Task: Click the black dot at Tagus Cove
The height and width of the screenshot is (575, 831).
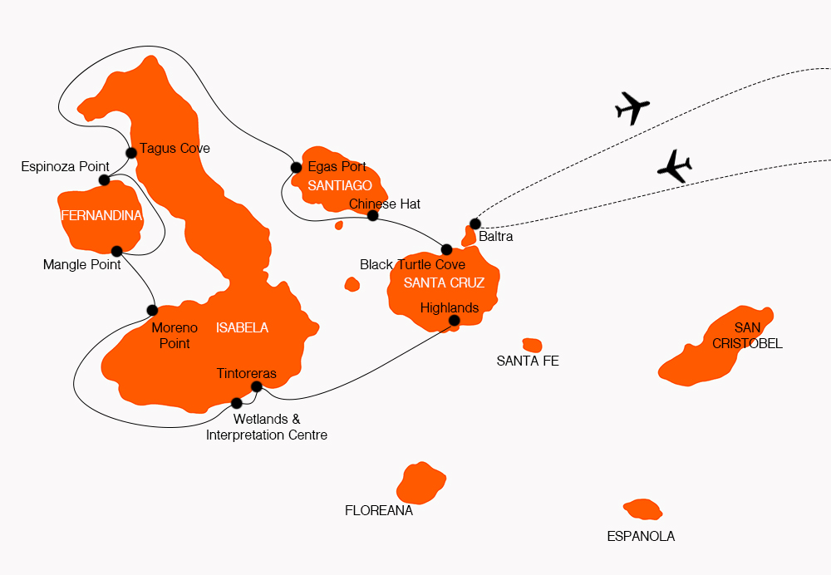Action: click(x=130, y=152)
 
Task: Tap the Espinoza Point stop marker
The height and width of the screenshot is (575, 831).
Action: click(x=104, y=180)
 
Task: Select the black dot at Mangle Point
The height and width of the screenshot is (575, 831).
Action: click(x=116, y=251)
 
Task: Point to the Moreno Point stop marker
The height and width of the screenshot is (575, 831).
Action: click(x=152, y=310)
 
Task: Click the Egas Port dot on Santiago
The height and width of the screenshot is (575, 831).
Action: click(x=296, y=167)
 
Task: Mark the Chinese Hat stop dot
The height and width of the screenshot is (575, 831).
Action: click(x=372, y=216)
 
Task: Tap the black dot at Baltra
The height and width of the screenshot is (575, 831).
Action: click(x=475, y=224)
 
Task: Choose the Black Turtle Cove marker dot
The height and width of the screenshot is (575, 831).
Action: click(x=446, y=249)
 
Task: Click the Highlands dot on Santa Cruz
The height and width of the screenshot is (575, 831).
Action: click(x=454, y=320)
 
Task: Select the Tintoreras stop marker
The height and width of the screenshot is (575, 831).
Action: click(x=256, y=386)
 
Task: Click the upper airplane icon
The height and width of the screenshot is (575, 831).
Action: click(x=632, y=107)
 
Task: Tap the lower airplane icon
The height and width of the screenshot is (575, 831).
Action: click(x=674, y=166)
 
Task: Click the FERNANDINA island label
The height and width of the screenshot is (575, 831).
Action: click(x=101, y=216)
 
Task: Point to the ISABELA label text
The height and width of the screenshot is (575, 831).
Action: click(x=242, y=327)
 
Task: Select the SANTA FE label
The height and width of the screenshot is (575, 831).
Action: click(x=528, y=361)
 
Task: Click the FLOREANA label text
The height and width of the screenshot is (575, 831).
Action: click(x=379, y=511)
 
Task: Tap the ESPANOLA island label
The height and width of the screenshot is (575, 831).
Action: click(x=641, y=536)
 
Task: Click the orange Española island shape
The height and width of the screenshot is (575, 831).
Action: click(x=642, y=509)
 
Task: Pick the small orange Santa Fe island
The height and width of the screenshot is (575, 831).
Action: click(x=532, y=345)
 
